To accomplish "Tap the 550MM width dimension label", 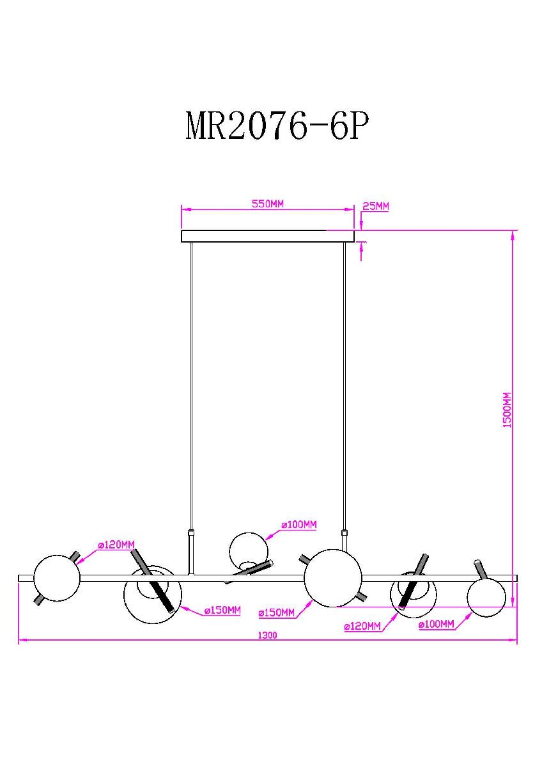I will (267, 204).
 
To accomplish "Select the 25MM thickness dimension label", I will (375, 206).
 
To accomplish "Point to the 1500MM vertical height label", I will (507, 410).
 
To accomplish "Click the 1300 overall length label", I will (268, 636).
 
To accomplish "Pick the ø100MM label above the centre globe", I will (298, 525).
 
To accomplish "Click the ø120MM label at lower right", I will (362, 627).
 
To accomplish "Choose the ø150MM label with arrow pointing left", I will (222, 611).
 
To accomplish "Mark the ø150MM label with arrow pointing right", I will (277, 612).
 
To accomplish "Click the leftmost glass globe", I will (57, 578).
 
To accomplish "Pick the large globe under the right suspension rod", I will (332, 577).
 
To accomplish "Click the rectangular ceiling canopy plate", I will (268, 236).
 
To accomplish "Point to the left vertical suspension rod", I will (190, 384).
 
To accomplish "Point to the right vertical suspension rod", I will (345, 384).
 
